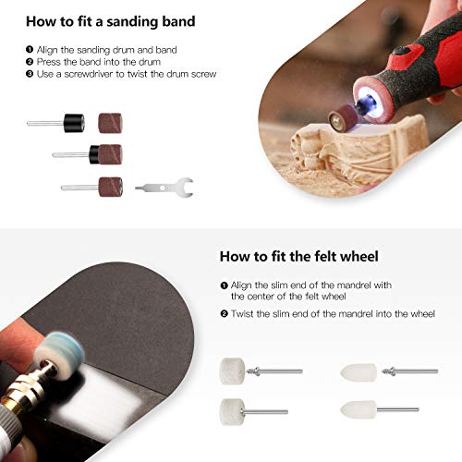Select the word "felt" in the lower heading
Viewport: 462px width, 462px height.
[310, 255]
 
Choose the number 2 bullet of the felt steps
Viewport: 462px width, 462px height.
[224, 314]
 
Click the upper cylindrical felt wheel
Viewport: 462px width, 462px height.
[231, 370]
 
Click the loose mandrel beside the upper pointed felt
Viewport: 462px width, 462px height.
[410, 371]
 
